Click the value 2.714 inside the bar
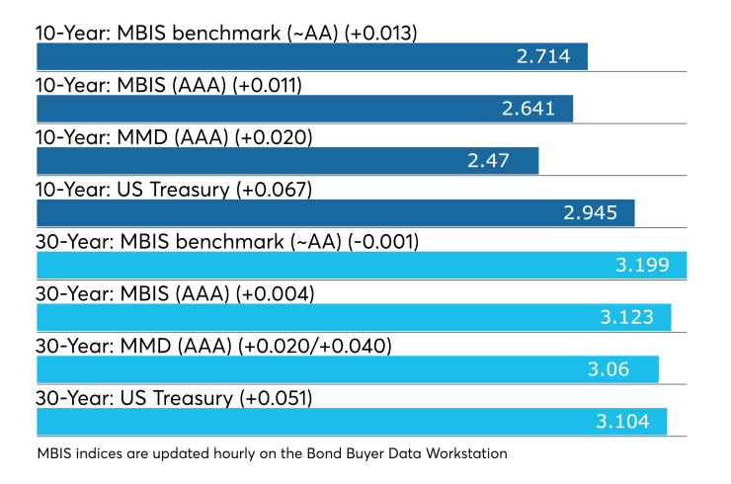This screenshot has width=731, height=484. pyautogui.click(x=543, y=56)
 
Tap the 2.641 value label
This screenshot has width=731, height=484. pyautogui.click(x=528, y=109)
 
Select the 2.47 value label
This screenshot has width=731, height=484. pyautogui.click(x=488, y=161)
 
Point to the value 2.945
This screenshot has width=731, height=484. pyautogui.click(x=590, y=213)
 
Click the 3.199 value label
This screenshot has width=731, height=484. pyautogui.click(x=642, y=265)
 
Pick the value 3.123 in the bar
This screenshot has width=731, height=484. pyautogui.click(x=626, y=317)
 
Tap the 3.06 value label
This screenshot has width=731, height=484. pyautogui.click(x=609, y=369)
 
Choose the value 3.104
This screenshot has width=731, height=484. pyautogui.click(x=622, y=422)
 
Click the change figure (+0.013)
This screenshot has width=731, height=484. pyautogui.click(x=380, y=34)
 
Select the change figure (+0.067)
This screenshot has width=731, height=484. pyautogui.click(x=274, y=190)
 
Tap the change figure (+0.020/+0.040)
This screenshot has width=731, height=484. pyautogui.click(x=315, y=346)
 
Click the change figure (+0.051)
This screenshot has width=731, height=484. pyautogui.click(x=276, y=398)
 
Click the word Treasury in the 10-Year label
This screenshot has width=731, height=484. pyautogui.click(x=190, y=191)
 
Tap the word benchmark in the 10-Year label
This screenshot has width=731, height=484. pyautogui.click(x=226, y=34)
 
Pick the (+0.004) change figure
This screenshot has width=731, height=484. pyautogui.click(x=275, y=293)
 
